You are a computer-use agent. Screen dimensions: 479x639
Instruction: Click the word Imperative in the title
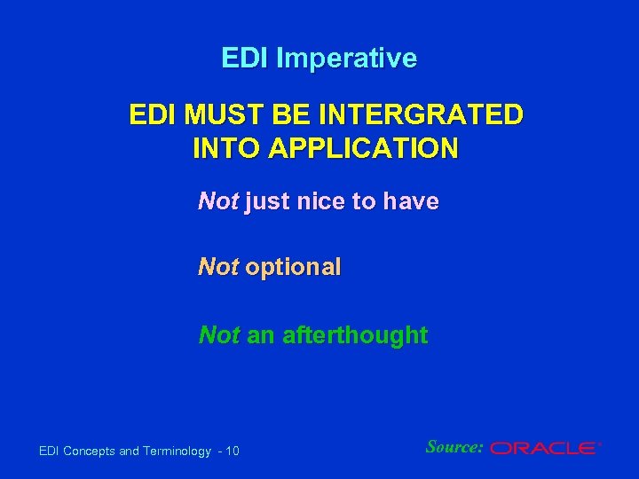tap(346, 59)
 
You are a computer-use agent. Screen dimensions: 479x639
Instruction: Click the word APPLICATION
tap(357, 147)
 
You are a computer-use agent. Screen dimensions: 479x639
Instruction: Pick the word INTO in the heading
tap(220, 147)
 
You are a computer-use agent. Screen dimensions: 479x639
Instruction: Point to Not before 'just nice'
tap(217, 202)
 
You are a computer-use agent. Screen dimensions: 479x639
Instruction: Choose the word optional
tap(293, 268)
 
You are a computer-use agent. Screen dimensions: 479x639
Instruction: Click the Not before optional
tap(217, 268)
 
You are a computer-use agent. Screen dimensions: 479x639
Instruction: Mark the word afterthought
tap(354, 335)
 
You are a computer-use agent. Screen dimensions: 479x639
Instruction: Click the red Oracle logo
tap(543, 449)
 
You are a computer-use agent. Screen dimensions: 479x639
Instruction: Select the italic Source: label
tap(454, 447)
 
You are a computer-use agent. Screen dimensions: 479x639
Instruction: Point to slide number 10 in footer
tap(233, 452)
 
